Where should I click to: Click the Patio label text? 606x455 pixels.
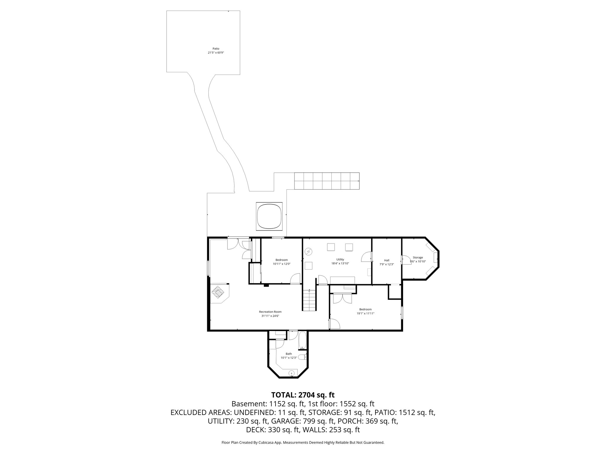(216, 49)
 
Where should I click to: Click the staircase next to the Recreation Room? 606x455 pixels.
(309, 300)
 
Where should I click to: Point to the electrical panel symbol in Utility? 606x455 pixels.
(309, 252)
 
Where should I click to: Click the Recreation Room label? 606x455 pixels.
(270, 312)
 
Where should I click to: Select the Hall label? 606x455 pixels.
(386, 260)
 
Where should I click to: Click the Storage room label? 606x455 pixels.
(418, 257)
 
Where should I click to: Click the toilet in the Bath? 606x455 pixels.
(302, 357)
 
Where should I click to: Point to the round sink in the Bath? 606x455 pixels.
(291, 373)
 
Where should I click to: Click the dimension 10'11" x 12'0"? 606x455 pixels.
(281, 264)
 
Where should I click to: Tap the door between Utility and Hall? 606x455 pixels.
(367, 257)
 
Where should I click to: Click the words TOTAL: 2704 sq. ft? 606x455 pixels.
(303, 395)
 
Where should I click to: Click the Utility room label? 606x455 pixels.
(340, 259)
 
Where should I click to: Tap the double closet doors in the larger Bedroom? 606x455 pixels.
(342, 298)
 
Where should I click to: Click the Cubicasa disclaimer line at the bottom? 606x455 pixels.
(303, 443)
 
